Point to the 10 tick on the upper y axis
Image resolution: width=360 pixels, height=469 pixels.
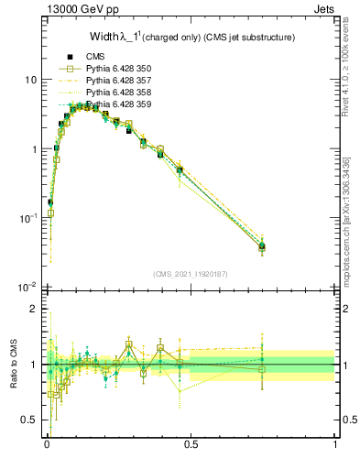click(x=30, y=80)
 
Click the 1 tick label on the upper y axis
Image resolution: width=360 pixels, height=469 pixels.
click(x=33, y=149)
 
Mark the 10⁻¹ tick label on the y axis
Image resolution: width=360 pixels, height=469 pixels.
click(x=27, y=218)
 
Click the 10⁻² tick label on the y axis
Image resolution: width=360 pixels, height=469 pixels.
click(x=27, y=287)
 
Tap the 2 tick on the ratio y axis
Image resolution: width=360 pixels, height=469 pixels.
click(x=33, y=309)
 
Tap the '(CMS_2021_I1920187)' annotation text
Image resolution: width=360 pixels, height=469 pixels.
click(x=191, y=273)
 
